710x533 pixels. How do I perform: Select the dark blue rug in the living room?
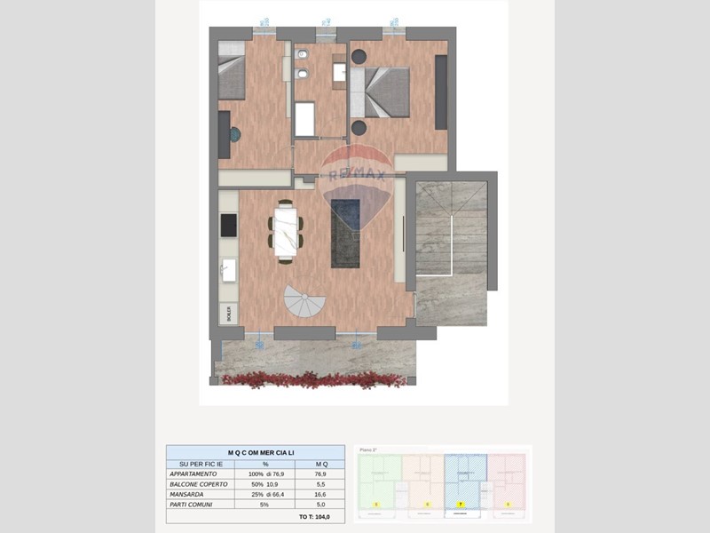345,233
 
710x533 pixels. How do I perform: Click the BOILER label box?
227,313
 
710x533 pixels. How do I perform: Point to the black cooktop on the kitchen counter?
228,226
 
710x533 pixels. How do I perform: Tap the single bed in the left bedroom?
232,71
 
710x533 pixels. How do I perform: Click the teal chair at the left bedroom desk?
234,135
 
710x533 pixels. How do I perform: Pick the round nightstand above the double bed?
359,56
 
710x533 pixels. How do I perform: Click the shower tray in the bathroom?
305,119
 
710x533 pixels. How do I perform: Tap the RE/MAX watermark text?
357,176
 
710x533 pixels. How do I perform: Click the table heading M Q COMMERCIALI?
255,453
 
